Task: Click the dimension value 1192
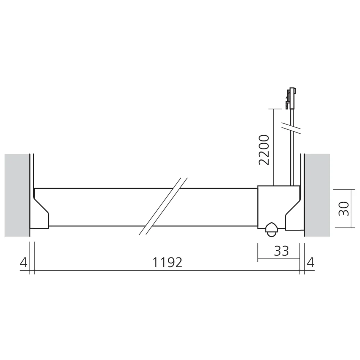(x=167, y=262)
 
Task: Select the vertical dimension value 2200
(x=264, y=149)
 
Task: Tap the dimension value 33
(x=281, y=251)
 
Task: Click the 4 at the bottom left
(x=23, y=262)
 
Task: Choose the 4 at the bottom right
(x=310, y=262)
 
